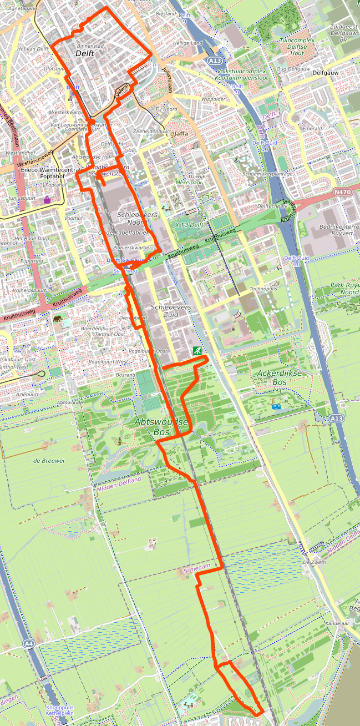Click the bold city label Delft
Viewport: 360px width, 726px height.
pyautogui.click(x=85, y=54)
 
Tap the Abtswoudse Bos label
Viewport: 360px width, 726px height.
pyautogui.click(x=161, y=426)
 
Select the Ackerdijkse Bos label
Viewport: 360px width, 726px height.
pyautogui.click(x=280, y=377)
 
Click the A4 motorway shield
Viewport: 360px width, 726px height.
pyautogui.click(x=29, y=643)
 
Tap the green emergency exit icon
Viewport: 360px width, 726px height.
pyautogui.click(x=196, y=351)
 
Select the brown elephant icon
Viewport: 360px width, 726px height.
pyautogui.click(x=58, y=319)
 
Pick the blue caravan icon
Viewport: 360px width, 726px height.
pyautogui.click(x=276, y=407)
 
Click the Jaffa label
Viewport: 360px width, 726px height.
pyautogui.click(x=181, y=134)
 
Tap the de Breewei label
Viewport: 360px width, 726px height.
pyautogui.click(x=46, y=461)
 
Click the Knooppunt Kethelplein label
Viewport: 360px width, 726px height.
pyautogui.click(x=59, y=710)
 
